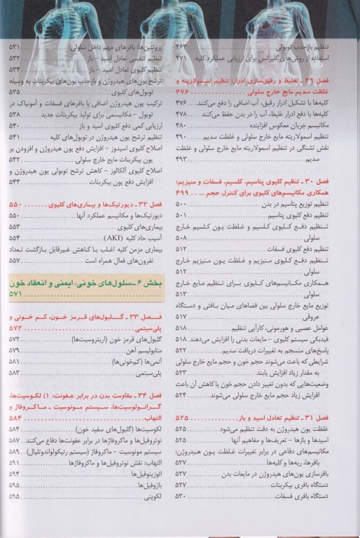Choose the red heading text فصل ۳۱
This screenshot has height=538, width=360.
329,417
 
